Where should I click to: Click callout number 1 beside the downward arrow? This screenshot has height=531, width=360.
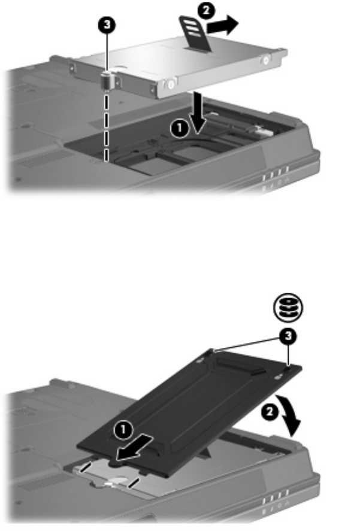point(179,129)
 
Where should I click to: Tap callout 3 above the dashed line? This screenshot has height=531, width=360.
point(107,25)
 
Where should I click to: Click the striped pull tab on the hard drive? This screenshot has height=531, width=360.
point(195,34)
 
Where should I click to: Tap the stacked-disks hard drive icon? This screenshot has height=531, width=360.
point(288,308)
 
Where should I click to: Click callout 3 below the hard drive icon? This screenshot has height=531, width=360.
point(288,337)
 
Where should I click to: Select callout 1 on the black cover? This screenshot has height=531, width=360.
point(123,430)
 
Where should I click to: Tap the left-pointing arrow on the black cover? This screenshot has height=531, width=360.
point(135,448)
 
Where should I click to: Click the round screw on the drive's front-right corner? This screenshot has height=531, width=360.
point(171,83)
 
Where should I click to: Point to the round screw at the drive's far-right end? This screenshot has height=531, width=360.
point(266,60)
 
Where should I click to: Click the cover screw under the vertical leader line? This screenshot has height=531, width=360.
point(288,367)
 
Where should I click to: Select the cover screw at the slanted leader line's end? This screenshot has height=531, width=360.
point(211,351)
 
